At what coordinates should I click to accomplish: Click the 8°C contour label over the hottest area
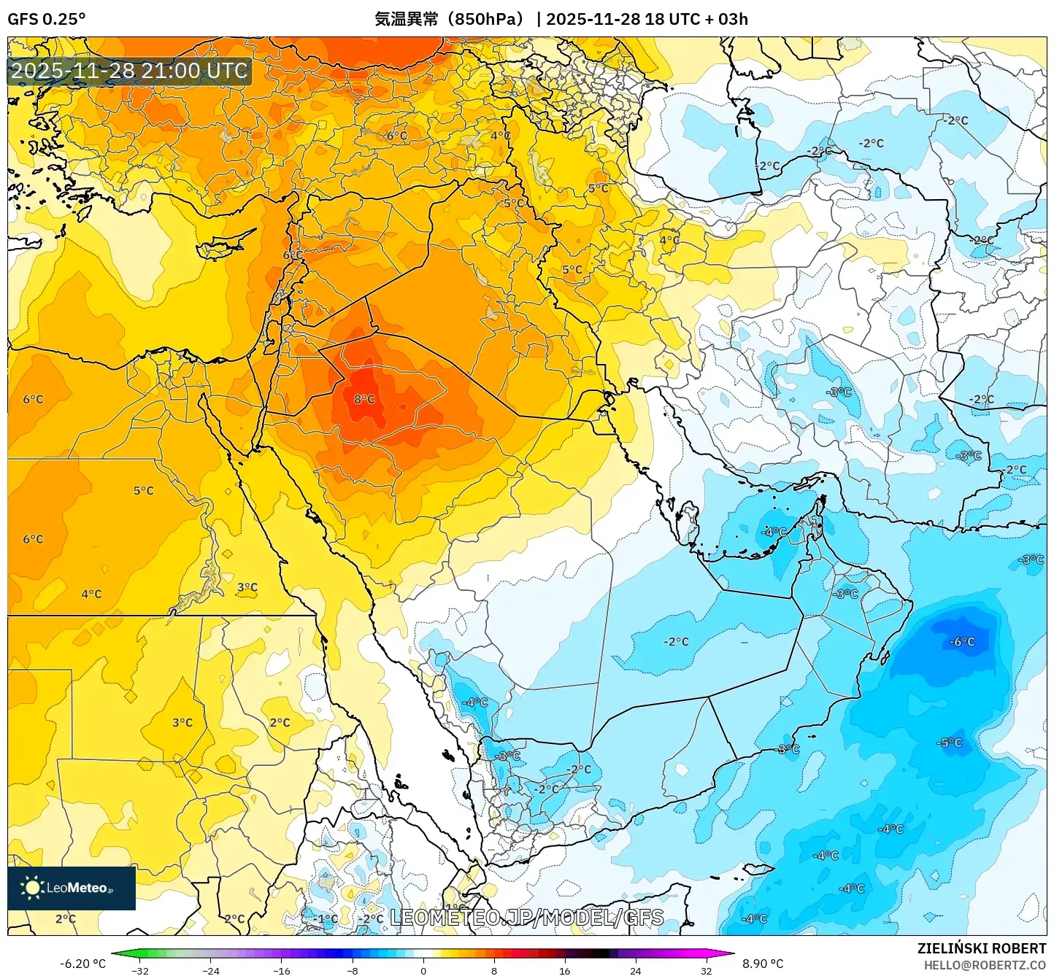click(x=364, y=399)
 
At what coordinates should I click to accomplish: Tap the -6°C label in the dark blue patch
click(x=961, y=642)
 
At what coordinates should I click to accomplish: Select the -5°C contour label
click(x=950, y=743)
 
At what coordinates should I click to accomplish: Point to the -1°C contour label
click(x=327, y=918)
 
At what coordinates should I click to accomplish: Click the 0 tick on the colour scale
click(x=423, y=970)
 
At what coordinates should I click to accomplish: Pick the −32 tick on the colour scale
click(x=139, y=970)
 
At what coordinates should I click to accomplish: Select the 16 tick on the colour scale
click(x=564, y=970)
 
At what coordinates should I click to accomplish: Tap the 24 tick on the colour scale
click(x=635, y=970)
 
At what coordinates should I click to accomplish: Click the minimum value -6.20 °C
click(x=82, y=964)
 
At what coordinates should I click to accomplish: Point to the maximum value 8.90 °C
click(x=763, y=964)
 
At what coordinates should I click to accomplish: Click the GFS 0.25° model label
click(x=46, y=19)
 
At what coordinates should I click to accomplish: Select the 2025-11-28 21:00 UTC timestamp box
click(x=129, y=71)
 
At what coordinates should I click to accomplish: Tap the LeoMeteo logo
click(x=71, y=888)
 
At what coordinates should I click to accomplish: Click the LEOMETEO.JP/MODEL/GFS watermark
click(x=527, y=917)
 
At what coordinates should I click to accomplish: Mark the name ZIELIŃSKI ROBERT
click(x=981, y=948)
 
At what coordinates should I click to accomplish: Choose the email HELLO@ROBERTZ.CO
click(x=985, y=965)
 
